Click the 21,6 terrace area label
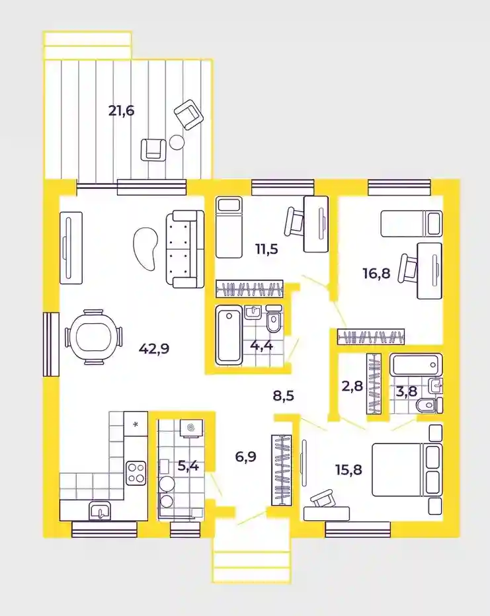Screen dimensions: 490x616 pyautogui.click(x=122, y=111)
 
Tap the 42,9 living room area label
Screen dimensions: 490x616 pyautogui.click(x=154, y=348)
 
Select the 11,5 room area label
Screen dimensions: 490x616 pyautogui.click(x=266, y=249)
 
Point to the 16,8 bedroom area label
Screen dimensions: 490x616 pyautogui.click(x=376, y=273)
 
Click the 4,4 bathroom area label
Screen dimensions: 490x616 pyautogui.click(x=261, y=346)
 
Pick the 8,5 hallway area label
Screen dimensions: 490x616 pyautogui.click(x=283, y=396)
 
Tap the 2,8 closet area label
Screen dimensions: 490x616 pyautogui.click(x=352, y=387)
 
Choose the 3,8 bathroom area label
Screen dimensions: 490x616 pyautogui.click(x=406, y=391)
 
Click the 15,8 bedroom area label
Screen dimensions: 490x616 pyautogui.click(x=348, y=469)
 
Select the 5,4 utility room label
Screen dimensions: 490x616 pyautogui.click(x=188, y=467)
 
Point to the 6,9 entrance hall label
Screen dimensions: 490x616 pyautogui.click(x=245, y=457)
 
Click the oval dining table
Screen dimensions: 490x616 pyautogui.click(x=93, y=337)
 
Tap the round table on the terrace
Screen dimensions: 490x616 pyautogui.click(x=177, y=142)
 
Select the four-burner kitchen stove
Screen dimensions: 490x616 pyautogui.click(x=136, y=473)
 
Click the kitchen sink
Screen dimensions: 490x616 pyautogui.click(x=100, y=511)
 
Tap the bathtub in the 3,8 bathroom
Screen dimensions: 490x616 pyautogui.click(x=416, y=365)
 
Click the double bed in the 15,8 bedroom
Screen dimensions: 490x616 pyautogui.click(x=407, y=470)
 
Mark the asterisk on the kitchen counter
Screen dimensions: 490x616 pyautogui.click(x=136, y=424)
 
